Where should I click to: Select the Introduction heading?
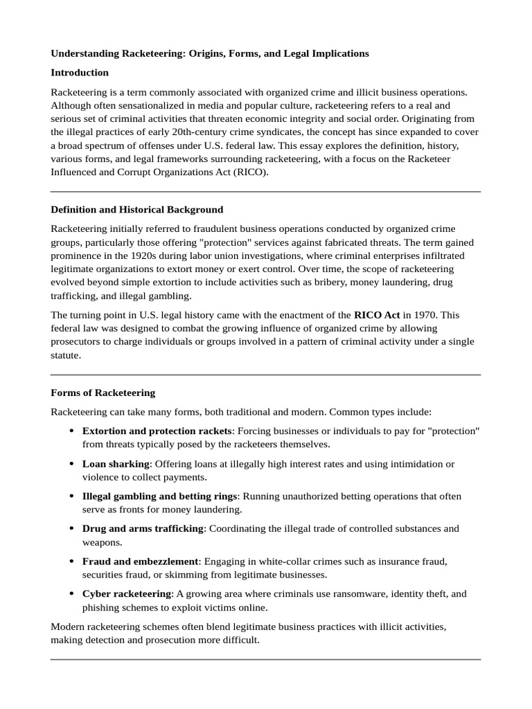(x=80, y=73)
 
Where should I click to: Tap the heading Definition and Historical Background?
(x=137, y=209)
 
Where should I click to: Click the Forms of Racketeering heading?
(x=103, y=393)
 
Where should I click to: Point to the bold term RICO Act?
(x=377, y=314)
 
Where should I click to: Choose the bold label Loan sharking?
(x=116, y=464)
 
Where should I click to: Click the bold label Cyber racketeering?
(x=127, y=593)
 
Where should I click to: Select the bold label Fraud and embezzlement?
(x=141, y=561)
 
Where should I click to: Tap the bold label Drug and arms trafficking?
(x=143, y=528)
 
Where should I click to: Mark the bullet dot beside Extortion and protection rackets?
(x=72, y=431)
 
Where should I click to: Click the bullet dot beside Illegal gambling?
(x=72, y=496)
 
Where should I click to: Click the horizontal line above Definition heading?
(x=265, y=192)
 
